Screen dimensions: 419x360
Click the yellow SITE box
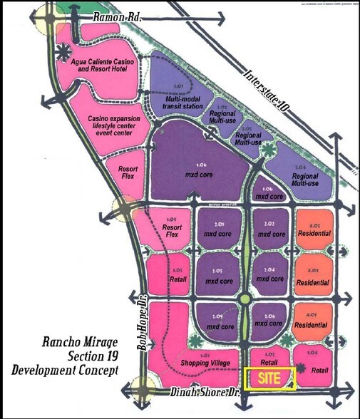coord(269,378)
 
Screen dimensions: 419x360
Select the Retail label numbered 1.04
coord(319,370)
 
